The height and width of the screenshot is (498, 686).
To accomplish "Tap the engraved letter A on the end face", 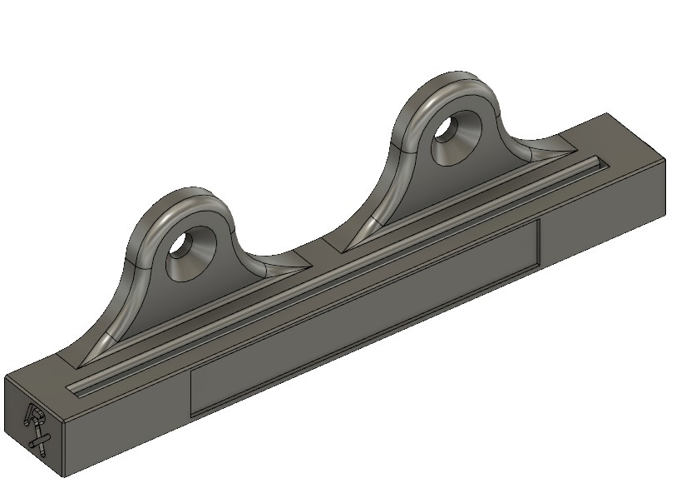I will click(x=36, y=416).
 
